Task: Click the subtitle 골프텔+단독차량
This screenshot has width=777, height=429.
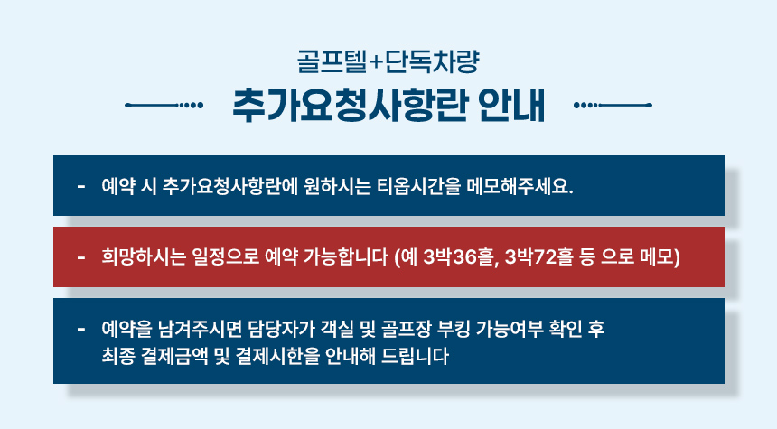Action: [388, 62]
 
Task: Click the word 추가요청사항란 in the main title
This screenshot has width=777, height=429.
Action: [350, 105]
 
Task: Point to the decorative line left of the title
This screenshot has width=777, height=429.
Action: [164, 105]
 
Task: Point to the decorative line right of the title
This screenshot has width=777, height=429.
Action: [613, 105]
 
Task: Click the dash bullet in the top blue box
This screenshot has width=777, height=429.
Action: [81, 187]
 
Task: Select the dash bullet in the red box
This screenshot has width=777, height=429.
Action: [81, 257]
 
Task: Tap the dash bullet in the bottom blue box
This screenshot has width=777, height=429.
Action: [81, 329]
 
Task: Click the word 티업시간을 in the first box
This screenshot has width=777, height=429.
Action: [418, 186]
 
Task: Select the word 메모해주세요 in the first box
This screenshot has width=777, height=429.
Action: [520, 186]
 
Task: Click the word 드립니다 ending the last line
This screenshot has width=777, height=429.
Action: [415, 356]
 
